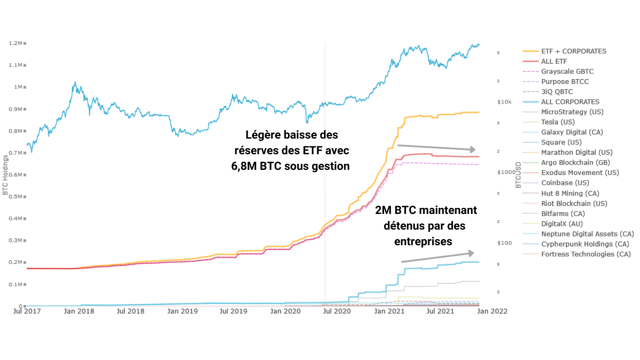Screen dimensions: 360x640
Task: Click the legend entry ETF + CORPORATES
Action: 573,51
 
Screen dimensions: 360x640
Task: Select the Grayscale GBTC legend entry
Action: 567,71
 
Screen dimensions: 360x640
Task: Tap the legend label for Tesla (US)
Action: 558,122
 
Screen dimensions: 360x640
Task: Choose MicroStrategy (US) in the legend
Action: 572,112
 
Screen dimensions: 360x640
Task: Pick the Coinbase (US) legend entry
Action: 565,183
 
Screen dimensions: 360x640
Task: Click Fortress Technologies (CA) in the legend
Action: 586,254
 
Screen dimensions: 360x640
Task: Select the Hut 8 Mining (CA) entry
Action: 570,193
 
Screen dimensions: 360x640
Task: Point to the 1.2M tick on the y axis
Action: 16,43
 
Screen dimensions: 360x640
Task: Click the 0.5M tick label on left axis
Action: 16,197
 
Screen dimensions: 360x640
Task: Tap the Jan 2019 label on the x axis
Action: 182,311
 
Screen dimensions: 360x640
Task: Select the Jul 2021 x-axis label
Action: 440,311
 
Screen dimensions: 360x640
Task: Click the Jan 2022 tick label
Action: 492,311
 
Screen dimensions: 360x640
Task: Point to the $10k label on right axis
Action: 504,102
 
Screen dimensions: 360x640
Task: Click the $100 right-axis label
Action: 504,243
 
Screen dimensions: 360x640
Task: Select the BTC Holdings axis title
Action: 5,175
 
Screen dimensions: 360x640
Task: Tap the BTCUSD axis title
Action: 518,175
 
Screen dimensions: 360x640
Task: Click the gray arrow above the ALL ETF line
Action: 437,147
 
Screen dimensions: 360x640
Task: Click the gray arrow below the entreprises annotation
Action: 438,257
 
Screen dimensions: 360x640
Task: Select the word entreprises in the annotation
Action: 423,242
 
